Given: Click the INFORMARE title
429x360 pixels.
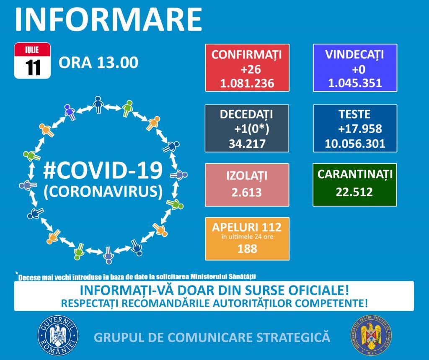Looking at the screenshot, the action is tap(109, 20).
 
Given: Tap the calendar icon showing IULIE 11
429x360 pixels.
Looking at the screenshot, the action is tap(32, 60).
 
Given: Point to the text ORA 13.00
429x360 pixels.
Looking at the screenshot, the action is tap(98, 63).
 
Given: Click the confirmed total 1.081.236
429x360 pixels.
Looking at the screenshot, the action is tap(247, 83).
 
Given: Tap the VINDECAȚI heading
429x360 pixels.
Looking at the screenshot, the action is tap(354, 55).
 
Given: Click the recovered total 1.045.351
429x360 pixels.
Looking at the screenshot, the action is tap(355, 83).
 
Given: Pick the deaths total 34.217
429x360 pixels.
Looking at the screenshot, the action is tap(247, 144).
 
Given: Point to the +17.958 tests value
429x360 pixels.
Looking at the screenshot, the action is tap(360, 129).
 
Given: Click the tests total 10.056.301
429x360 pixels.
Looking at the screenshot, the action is tap(355, 144).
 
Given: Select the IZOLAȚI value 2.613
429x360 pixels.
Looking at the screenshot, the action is tap(246, 193).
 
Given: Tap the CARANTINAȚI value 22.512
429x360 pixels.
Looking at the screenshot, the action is tap(354, 192).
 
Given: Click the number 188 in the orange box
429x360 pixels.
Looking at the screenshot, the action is tap(247, 249).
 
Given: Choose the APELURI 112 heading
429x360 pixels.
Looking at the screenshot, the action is tap(247, 227).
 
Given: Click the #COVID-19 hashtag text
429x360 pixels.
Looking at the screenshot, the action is tap(103, 170).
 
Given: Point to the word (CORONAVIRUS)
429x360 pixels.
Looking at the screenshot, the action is tap(103, 191).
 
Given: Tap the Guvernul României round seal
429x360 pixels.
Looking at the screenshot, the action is tap(58, 335).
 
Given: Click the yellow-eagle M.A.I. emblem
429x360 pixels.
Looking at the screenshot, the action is tap(371, 335).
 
